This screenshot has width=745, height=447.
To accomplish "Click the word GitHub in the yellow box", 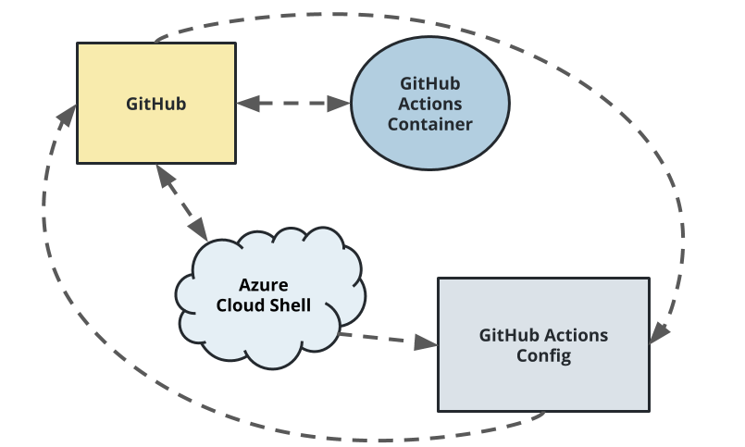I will coord(155,104).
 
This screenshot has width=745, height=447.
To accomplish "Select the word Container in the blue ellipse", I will coord(429,125).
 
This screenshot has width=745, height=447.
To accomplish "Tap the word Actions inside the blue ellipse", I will coord(430,104).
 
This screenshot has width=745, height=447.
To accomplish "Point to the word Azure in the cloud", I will coord(263,286).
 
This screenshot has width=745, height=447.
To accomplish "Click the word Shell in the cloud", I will coord(288,306).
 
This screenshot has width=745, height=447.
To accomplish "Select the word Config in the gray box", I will coord(543,355).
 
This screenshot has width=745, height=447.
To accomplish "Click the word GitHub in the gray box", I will coord(511,335).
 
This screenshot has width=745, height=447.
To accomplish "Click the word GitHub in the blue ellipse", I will coord(430,83).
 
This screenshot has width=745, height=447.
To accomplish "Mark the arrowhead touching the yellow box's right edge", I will coord(248,104).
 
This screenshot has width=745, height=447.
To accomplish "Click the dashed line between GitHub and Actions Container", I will coord(294,104).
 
